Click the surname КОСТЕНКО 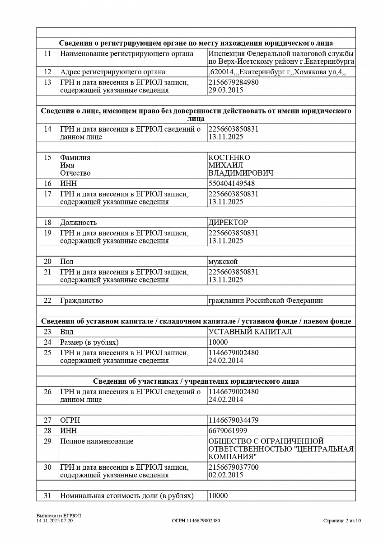[x=229, y=157]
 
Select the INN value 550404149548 [x=231, y=184]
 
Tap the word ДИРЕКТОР [x=228, y=223]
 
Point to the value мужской [x=223, y=262]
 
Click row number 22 [x=47, y=300]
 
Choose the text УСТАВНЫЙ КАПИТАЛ [x=250, y=332]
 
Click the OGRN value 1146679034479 [x=234, y=420]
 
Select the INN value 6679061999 [x=228, y=430]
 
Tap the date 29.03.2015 [x=225, y=90]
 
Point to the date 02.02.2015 [x=225, y=475]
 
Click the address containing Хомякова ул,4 [x=277, y=72]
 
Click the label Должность [x=78, y=223]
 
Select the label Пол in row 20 [x=66, y=262]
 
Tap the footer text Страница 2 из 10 [x=342, y=520]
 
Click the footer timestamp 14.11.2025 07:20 [x=54, y=521]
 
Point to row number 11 [x=47, y=54]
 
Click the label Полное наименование [x=97, y=441]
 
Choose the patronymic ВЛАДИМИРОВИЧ [x=240, y=173]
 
